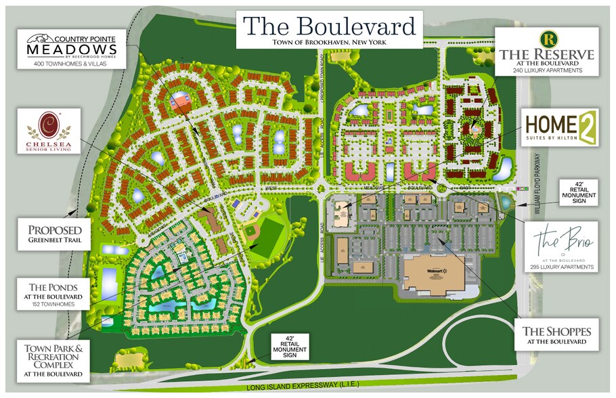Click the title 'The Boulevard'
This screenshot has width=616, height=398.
[330, 26]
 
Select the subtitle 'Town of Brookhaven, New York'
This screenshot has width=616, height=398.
[330, 43]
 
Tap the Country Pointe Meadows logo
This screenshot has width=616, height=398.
[71, 46]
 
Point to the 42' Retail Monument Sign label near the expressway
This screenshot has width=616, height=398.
[290, 346]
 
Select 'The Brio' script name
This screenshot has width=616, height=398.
[558, 240]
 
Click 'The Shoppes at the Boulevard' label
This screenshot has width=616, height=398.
[556, 335]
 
